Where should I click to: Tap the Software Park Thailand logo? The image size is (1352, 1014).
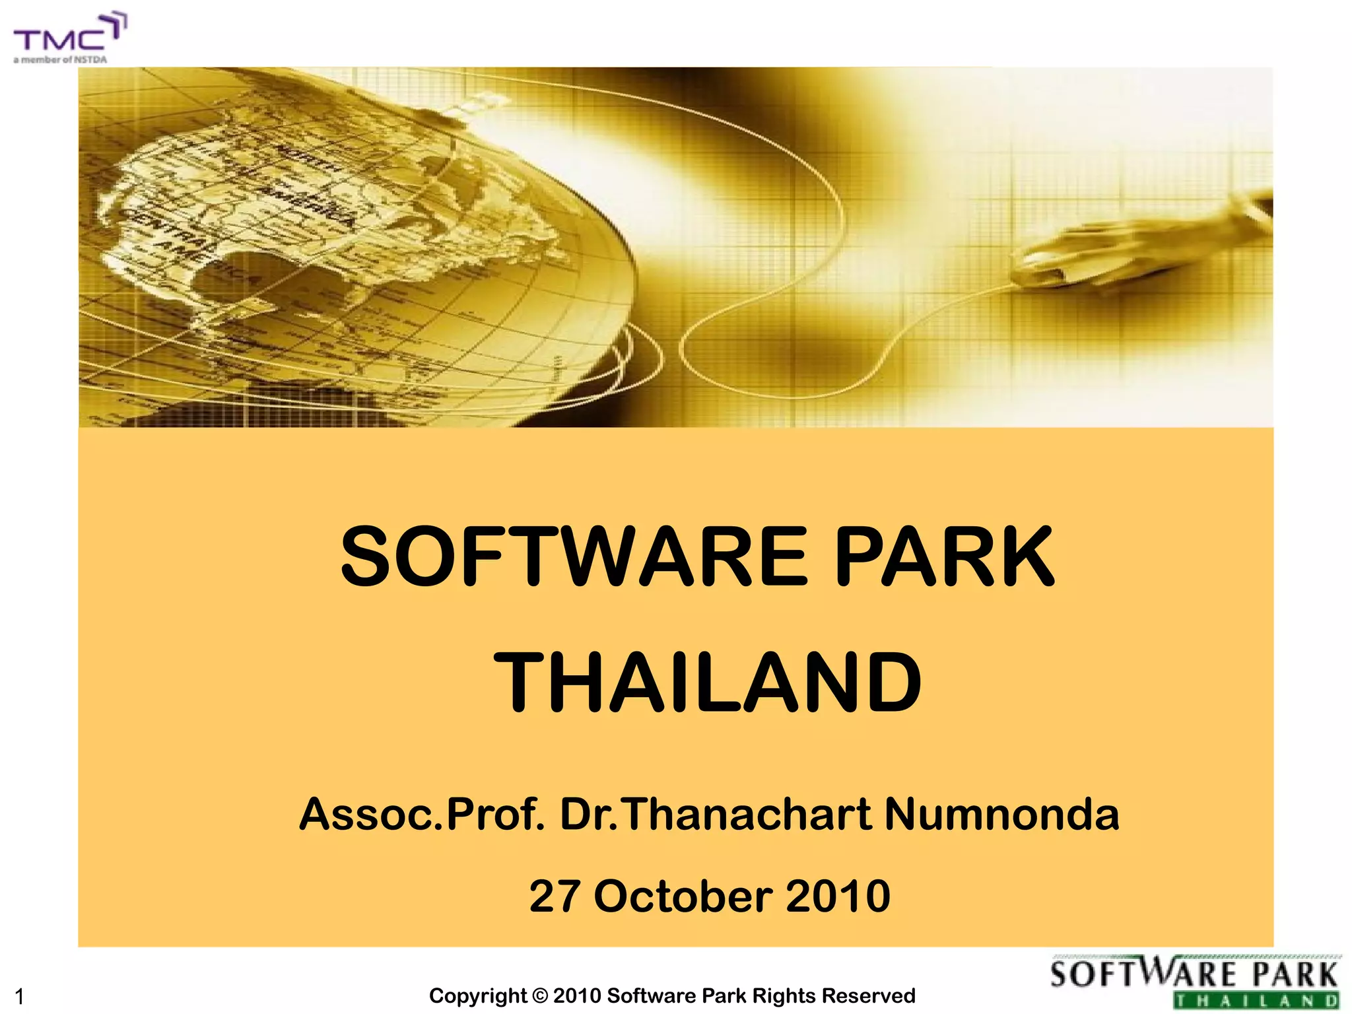click(x=1195, y=982)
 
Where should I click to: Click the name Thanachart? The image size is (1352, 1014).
click(x=746, y=814)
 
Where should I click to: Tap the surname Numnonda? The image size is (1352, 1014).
click(x=1001, y=814)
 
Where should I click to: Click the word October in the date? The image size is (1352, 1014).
click(x=683, y=896)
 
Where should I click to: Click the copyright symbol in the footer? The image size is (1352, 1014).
click(x=541, y=996)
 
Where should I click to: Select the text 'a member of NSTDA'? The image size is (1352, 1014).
click(x=60, y=59)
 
